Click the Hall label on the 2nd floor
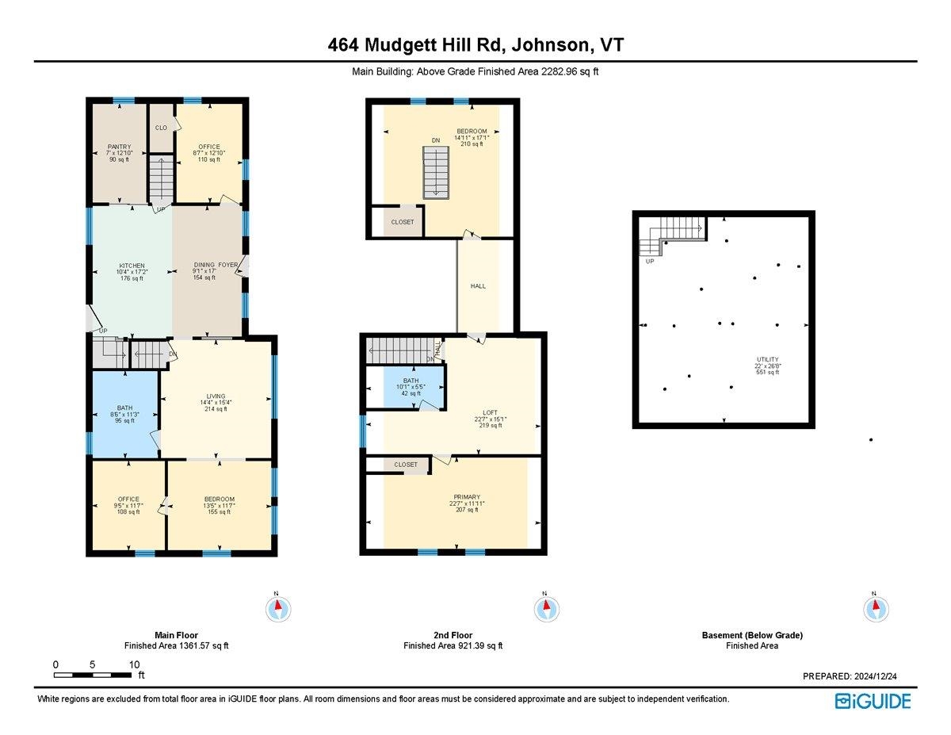(x=478, y=286)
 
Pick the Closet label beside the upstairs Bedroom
(x=403, y=222)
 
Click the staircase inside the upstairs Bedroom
(x=435, y=172)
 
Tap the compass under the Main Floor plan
(x=277, y=609)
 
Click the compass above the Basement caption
(x=875, y=609)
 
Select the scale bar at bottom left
(x=94, y=675)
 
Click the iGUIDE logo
(x=873, y=701)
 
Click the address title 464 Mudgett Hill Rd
(x=475, y=45)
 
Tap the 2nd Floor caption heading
(x=453, y=635)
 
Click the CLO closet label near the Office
(x=161, y=128)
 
